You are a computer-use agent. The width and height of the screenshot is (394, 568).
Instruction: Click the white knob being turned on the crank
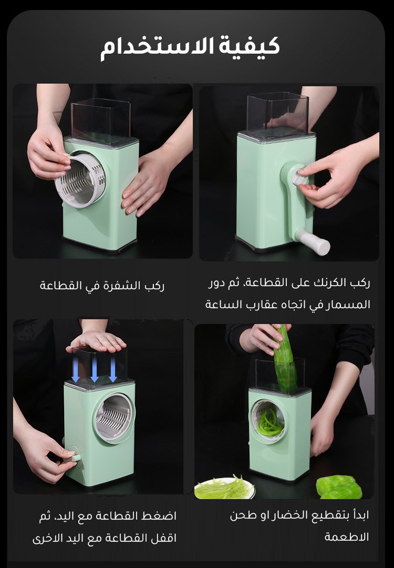click(299, 177)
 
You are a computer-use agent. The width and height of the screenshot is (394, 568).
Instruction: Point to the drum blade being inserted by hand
click(80, 180)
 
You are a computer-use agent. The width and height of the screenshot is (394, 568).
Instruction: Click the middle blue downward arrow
click(95, 369)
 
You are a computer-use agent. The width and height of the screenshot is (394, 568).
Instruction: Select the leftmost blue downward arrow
click(76, 369)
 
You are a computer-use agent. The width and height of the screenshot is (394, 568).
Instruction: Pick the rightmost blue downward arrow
click(113, 369)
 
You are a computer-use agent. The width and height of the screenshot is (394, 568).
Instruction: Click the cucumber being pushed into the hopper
click(284, 359)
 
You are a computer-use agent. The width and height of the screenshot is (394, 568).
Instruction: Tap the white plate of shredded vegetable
click(224, 488)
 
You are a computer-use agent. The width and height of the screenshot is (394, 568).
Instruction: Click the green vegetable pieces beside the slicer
click(339, 487)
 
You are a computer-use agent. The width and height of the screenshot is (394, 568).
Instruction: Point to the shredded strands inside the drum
click(269, 422)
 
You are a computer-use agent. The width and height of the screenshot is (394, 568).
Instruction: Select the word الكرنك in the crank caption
click(326, 282)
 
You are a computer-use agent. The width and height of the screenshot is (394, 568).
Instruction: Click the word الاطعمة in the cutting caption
click(347, 537)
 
